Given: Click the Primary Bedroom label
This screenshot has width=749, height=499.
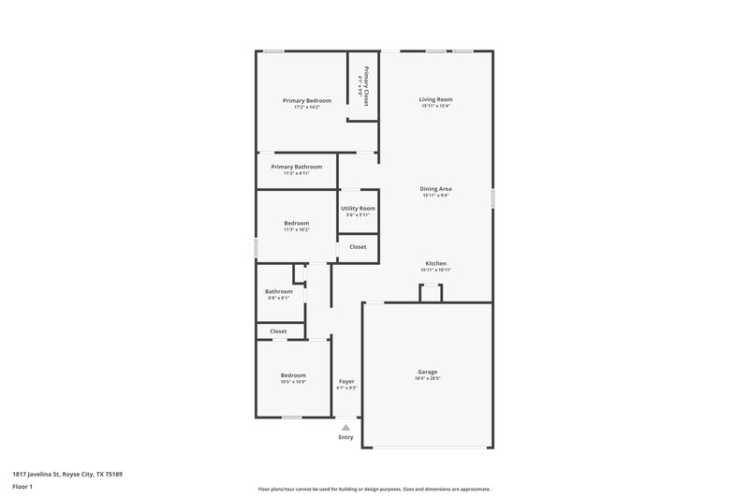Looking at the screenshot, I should (x=307, y=100).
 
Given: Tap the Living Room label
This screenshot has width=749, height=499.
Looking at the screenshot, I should (x=435, y=98).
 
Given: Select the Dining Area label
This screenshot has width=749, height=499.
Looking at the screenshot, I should (x=435, y=188).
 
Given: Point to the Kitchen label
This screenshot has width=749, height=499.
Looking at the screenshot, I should (x=435, y=263).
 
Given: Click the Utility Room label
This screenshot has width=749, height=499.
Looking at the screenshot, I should (x=358, y=208).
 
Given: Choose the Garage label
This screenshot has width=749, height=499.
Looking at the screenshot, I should (x=427, y=372).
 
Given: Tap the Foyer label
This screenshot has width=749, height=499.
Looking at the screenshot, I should (x=346, y=380).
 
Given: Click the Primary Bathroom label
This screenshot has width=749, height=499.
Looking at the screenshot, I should (x=296, y=167).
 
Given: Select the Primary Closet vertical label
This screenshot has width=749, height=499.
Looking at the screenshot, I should (x=367, y=87).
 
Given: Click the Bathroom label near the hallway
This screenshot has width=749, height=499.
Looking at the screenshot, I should (x=279, y=291).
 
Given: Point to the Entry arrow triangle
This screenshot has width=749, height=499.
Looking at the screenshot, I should (x=345, y=427).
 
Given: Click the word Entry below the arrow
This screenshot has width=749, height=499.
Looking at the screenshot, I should (x=345, y=437).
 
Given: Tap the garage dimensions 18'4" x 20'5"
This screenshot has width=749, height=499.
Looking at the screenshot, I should (x=427, y=378).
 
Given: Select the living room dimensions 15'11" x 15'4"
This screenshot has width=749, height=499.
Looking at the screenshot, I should (x=435, y=106).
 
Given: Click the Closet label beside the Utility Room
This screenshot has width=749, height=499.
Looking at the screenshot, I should (x=358, y=246).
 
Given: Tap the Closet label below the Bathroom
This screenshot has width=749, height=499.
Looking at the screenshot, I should (x=278, y=330).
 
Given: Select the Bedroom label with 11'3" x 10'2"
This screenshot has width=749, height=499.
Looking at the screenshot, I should (x=297, y=223).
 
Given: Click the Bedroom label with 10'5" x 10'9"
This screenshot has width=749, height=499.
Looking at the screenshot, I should (x=293, y=375).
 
